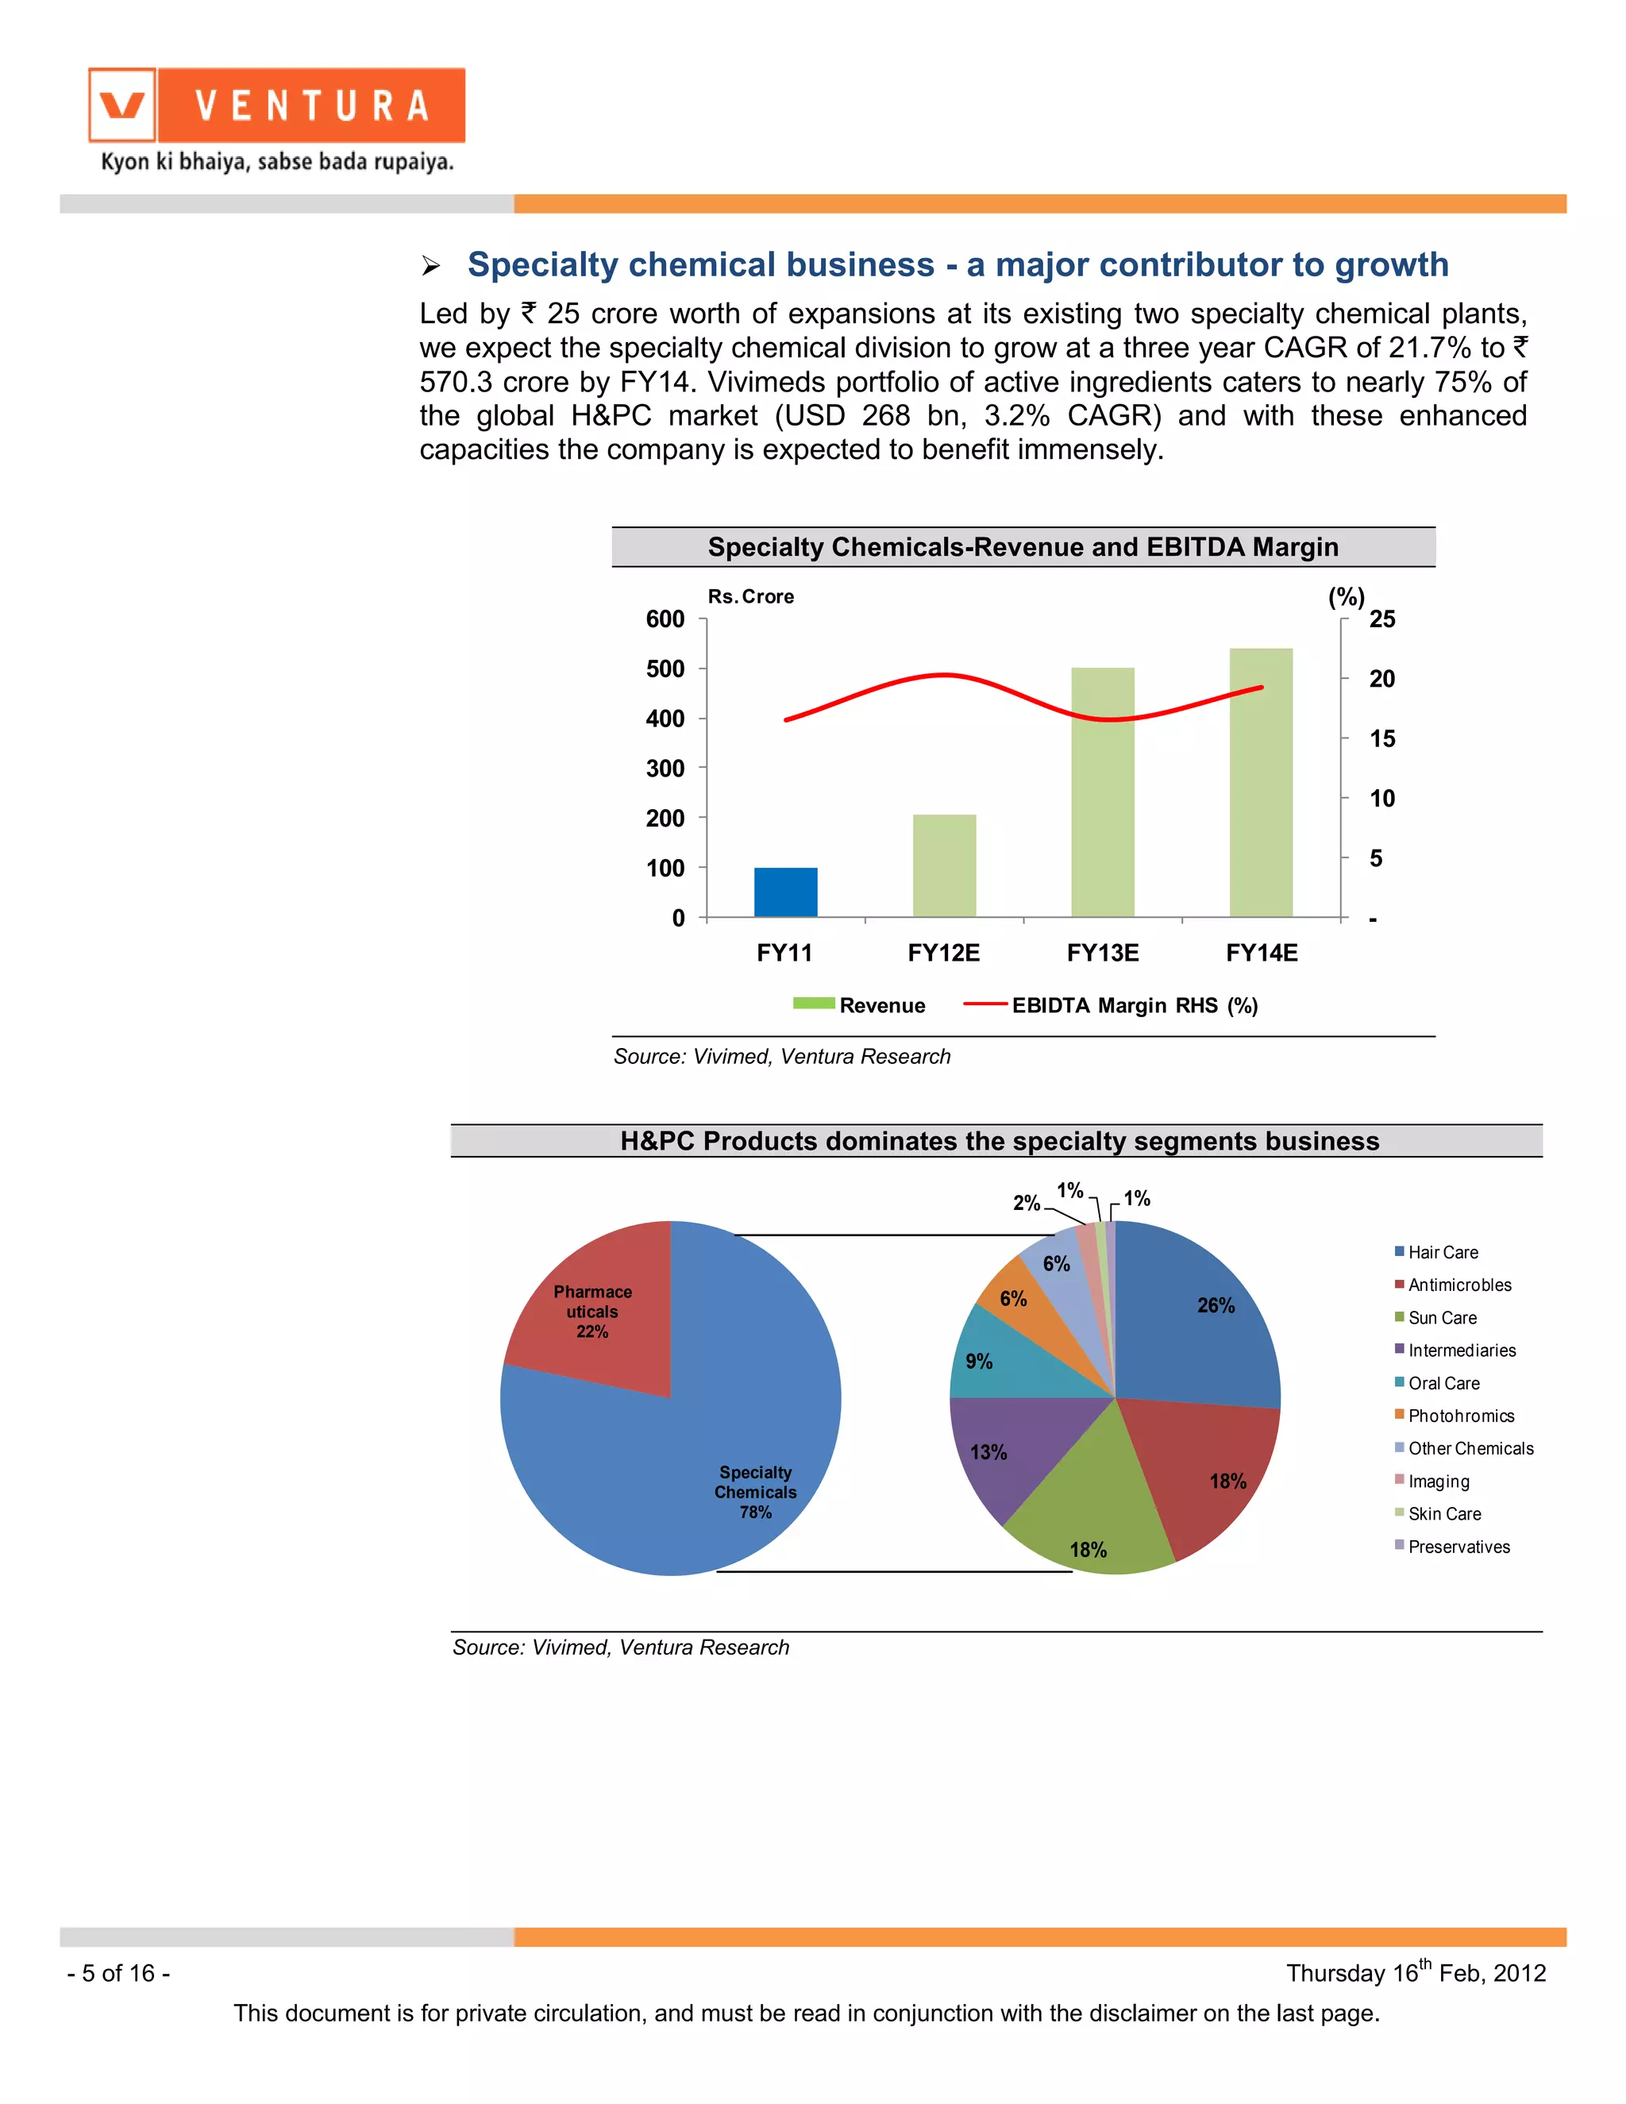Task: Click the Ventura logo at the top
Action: tap(276, 106)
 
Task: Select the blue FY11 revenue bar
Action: tap(785, 892)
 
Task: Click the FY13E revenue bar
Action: tap(1102, 792)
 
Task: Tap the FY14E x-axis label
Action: tap(1261, 953)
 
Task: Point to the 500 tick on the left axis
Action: tap(665, 669)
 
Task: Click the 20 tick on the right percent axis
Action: tap(1381, 679)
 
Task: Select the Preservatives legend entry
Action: tap(1458, 1547)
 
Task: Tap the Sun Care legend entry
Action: tap(1442, 1318)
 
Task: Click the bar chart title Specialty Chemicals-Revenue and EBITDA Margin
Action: tap(1023, 547)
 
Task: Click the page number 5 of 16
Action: tap(118, 1973)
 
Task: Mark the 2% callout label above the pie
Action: tap(1026, 1203)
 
